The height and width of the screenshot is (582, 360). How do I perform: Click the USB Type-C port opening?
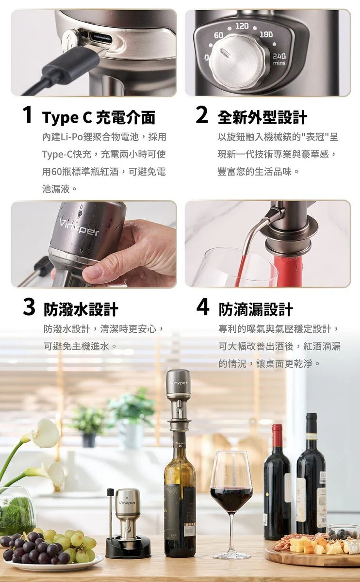click(102, 38)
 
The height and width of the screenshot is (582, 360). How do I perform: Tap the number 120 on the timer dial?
click(242, 26)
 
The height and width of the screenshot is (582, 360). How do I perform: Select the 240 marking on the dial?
click(279, 56)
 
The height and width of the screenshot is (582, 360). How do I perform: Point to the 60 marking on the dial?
click(219, 35)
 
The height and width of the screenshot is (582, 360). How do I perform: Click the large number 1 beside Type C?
click(28, 115)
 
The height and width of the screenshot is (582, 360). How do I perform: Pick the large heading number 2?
click(202, 115)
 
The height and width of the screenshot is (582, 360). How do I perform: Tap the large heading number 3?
click(29, 307)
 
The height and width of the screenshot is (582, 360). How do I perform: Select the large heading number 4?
click(202, 307)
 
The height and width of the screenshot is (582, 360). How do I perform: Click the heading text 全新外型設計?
click(262, 117)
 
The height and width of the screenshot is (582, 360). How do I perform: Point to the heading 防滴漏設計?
click(256, 309)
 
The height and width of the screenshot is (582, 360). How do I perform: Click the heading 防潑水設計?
click(81, 309)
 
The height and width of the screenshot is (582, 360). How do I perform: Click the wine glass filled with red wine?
click(231, 504)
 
